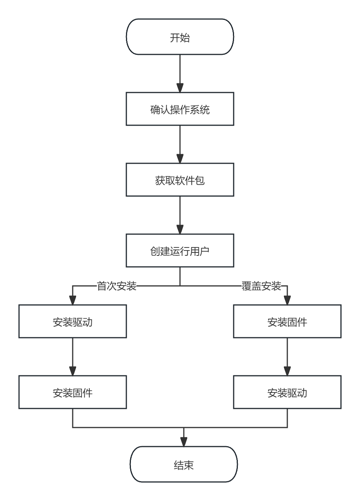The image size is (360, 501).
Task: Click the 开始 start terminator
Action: [x=180, y=37]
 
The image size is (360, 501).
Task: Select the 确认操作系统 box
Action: [x=180, y=109]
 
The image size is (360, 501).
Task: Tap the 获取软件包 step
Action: [x=180, y=180]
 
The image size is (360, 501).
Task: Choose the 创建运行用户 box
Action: [x=180, y=251]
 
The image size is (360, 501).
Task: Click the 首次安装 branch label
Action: [x=117, y=286]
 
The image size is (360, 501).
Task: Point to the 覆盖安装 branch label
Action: [x=261, y=286]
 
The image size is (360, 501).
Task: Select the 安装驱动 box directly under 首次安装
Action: [x=73, y=322]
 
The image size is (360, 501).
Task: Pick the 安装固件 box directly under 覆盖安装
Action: [x=287, y=322]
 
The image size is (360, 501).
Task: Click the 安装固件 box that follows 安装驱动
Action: [x=73, y=393]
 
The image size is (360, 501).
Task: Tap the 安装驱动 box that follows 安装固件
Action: [x=287, y=393]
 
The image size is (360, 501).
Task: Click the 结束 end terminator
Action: [x=183, y=464]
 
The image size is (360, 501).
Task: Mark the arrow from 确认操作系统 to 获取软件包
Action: [x=180, y=145]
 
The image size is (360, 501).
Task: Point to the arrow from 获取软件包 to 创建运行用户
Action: [x=180, y=215]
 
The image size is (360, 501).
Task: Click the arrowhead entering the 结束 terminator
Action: [x=184, y=442]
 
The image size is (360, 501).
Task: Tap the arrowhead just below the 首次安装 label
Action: [x=73, y=300]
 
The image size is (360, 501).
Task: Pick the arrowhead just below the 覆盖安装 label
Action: [x=287, y=300]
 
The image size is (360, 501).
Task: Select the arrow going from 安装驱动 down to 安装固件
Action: [x=73, y=357]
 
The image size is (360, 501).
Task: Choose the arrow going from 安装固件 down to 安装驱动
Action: [x=287, y=357]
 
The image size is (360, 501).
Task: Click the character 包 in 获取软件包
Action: [x=200, y=180]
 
